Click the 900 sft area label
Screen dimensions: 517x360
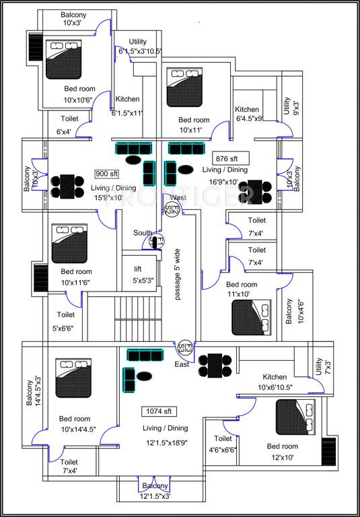click(x=106, y=173)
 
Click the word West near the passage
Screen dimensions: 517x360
click(x=178, y=197)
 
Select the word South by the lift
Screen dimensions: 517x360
click(x=142, y=233)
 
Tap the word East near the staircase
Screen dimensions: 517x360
click(x=182, y=364)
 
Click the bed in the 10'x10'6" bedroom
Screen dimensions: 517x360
click(x=63, y=55)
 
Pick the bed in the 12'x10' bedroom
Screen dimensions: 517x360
click(x=295, y=417)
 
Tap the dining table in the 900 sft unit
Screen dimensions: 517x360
click(x=67, y=186)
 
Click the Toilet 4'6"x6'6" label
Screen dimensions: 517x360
click(x=223, y=444)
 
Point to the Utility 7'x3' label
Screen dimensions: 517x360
click(x=318, y=366)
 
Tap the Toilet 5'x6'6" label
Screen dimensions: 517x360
click(x=65, y=322)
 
